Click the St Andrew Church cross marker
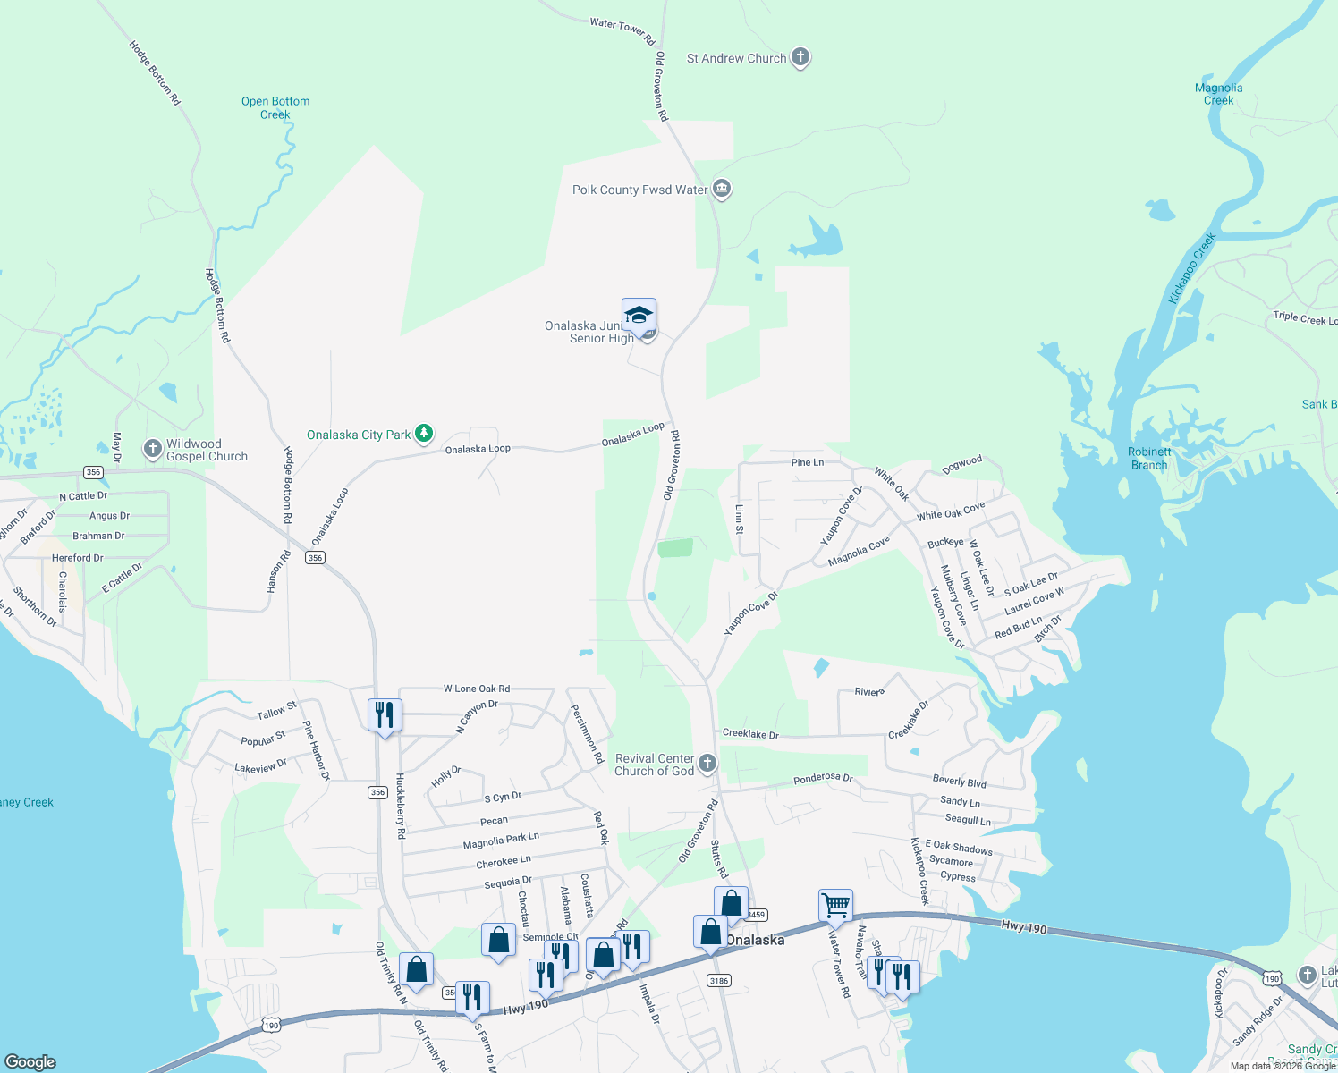[x=800, y=58]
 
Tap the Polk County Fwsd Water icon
[x=722, y=190]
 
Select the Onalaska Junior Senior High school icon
[x=639, y=316]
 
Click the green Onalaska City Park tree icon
[x=424, y=435]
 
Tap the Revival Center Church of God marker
[x=707, y=764]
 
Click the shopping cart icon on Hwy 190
[x=835, y=905]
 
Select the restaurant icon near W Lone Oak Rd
[x=385, y=714]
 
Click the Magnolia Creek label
[x=1218, y=94]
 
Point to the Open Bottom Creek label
[x=275, y=107]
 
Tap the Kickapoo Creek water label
[x=1192, y=268]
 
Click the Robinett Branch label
[x=1149, y=458]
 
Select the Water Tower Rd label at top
[x=622, y=31]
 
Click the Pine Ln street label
[x=808, y=462]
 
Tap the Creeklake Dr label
[x=750, y=734]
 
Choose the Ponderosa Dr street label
[x=823, y=778]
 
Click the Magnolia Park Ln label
[x=501, y=841]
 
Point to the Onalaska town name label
[x=756, y=940]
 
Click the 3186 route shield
[x=719, y=980]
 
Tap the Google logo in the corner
[x=30, y=1061]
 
